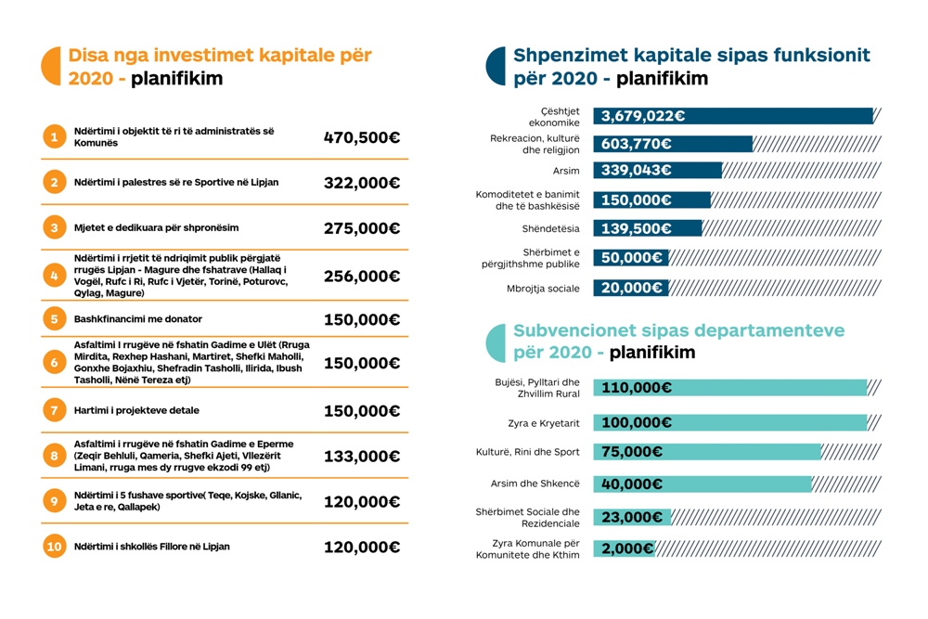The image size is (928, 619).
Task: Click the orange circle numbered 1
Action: click(55, 136)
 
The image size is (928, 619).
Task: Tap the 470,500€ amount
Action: click(362, 138)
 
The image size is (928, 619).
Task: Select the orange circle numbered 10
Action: click(55, 547)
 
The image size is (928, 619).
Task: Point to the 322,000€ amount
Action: click(362, 183)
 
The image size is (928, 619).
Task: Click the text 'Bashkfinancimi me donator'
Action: click(138, 319)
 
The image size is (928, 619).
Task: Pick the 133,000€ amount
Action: click(362, 457)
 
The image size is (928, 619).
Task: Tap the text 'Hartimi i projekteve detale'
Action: click(136, 410)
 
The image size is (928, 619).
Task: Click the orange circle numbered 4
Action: click(55, 276)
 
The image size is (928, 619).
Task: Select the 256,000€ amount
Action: click(362, 277)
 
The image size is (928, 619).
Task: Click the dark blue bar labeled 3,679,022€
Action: click(733, 116)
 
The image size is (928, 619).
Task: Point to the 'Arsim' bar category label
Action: click(566, 171)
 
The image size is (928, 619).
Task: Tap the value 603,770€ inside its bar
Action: click(637, 144)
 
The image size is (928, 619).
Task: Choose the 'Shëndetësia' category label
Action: click(551, 228)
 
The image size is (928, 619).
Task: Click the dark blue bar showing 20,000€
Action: click(631, 288)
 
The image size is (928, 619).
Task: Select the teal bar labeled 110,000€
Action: click(730, 388)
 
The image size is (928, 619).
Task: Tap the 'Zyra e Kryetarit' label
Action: click(544, 423)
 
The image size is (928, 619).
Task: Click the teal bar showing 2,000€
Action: click(625, 548)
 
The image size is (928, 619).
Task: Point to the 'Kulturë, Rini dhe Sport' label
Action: click(528, 452)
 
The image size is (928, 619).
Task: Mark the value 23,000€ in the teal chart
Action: click(631, 518)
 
